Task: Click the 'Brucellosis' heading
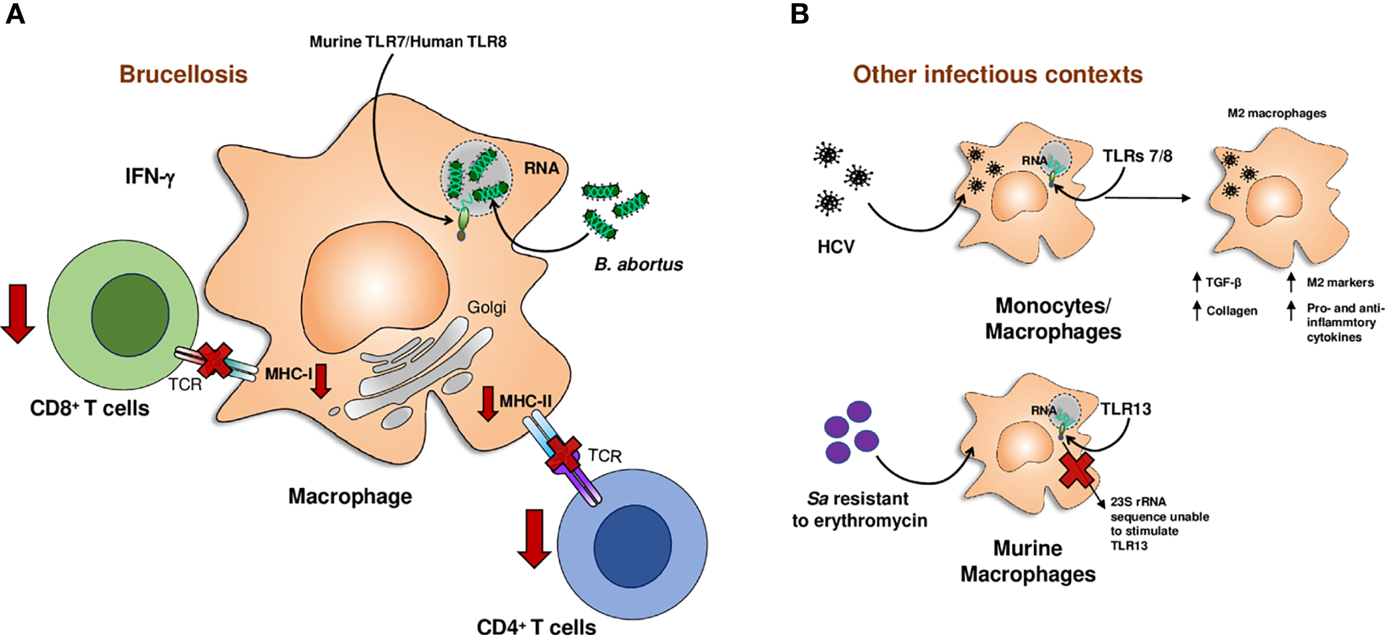click(x=183, y=74)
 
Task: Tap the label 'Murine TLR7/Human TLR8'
click(x=408, y=42)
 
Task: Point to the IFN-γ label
click(x=150, y=176)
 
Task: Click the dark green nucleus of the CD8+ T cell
click(x=130, y=315)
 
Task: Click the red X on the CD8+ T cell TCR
click(x=215, y=360)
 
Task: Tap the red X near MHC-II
click(x=563, y=453)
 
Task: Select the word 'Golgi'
click(x=486, y=307)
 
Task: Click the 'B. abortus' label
click(x=638, y=264)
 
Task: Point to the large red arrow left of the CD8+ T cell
click(x=18, y=313)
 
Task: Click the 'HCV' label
click(x=835, y=247)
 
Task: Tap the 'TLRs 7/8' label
click(x=1137, y=156)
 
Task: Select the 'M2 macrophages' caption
click(x=1276, y=113)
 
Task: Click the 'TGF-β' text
click(x=1223, y=282)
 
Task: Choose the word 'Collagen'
click(x=1231, y=311)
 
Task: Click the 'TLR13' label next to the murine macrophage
click(x=1126, y=409)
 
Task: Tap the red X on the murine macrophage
click(x=1076, y=471)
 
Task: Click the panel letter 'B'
click(x=800, y=13)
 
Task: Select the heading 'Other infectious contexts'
click(x=998, y=74)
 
